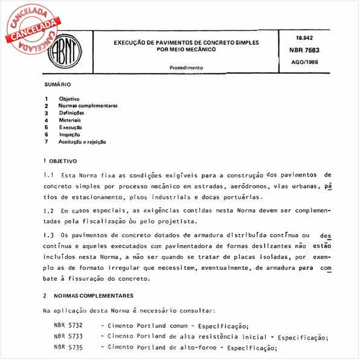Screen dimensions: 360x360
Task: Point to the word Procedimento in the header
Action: (x=186, y=68)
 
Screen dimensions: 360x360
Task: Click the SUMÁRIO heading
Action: (x=58, y=85)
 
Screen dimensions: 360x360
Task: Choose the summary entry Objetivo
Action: (x=69, y=98)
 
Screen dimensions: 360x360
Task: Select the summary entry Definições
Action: (x=71, y=113)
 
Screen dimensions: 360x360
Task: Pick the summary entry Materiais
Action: (x=70, y=120)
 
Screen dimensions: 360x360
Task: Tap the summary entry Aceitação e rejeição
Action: (x=82, y=142)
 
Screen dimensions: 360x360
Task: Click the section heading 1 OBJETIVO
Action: (x=61, y=162)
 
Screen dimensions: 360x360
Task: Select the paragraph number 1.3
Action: (x=48, y=234)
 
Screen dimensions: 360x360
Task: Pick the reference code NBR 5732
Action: (x=66, y=326)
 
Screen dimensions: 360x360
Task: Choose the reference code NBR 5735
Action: (x=66, y=348)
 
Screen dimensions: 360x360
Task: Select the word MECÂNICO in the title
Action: (x=203, y=48)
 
